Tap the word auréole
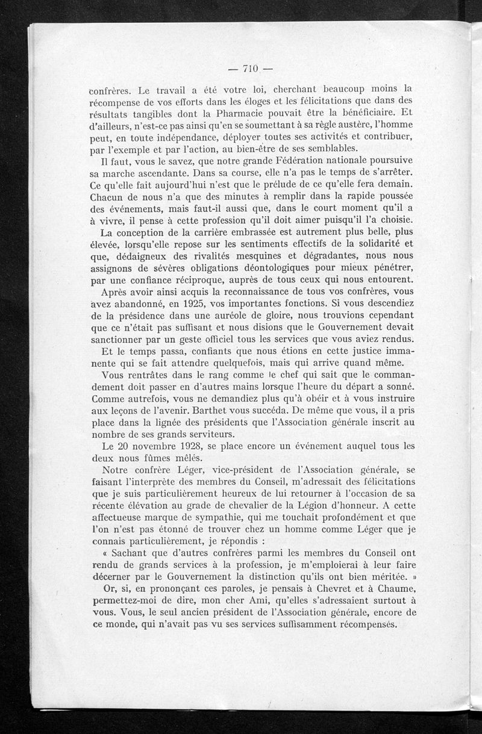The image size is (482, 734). (x=228, y=315)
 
